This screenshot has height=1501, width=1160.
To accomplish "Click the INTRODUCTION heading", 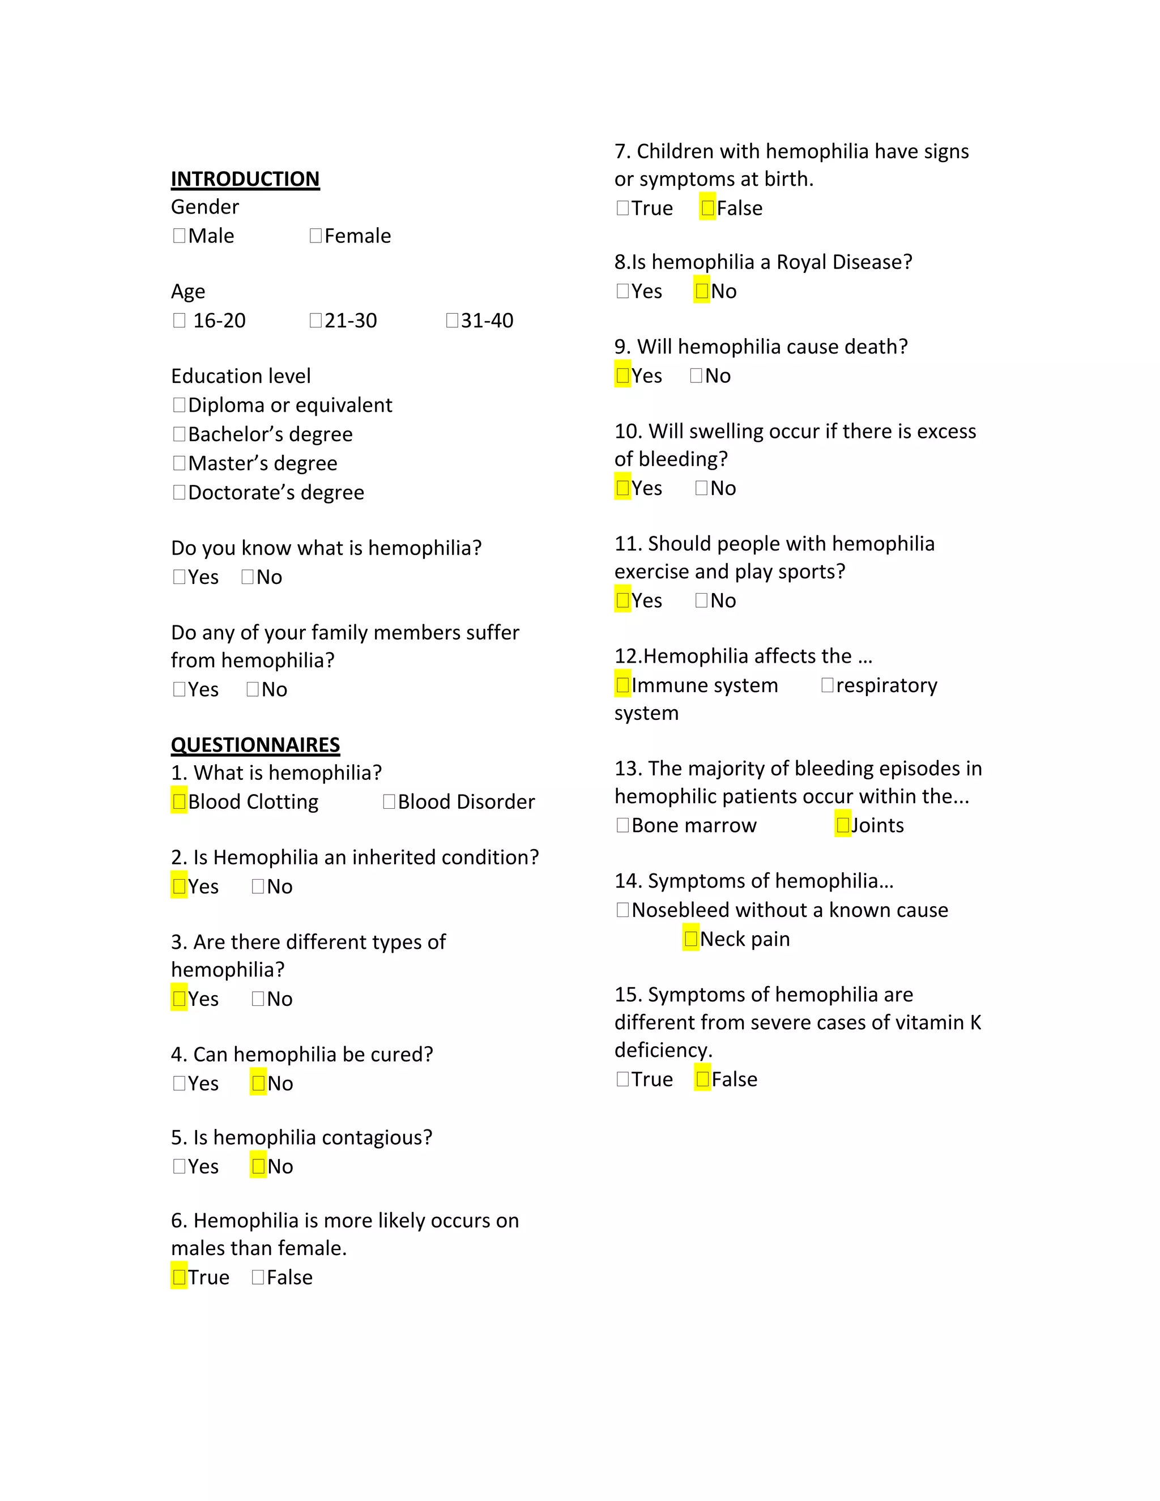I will [x=245, y=178].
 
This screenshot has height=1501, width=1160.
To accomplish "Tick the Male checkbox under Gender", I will [x=180, y=236].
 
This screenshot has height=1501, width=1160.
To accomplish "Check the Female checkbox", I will [x=315, y=236].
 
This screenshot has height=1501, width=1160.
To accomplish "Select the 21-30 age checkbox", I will [x=315, y=320].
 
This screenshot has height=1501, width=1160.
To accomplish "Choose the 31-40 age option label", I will [x=487, y=320].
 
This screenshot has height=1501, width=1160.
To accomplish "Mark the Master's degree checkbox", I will [x=180, y=463].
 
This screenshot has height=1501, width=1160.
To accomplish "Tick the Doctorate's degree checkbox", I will [x=180, y=492].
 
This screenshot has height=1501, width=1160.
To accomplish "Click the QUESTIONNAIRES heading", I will [x=255, y=745].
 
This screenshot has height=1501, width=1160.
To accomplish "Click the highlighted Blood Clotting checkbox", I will [x=180, y=801].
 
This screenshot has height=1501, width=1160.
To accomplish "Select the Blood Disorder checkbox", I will [x=389, y=801].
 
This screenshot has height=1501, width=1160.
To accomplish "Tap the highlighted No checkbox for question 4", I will [x=258, y=1083].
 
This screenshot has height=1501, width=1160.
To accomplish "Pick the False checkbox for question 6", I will [x=258, y=1277].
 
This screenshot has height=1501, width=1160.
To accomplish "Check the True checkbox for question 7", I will [x=622, y=207].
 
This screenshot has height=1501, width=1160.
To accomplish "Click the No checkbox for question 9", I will [x=696, y=375].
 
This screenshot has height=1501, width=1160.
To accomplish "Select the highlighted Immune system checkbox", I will [x=622, y=685].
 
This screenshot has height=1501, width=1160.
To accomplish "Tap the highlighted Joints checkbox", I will [x=842, y=825].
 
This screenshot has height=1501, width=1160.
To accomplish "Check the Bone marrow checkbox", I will [x=622, y=825].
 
